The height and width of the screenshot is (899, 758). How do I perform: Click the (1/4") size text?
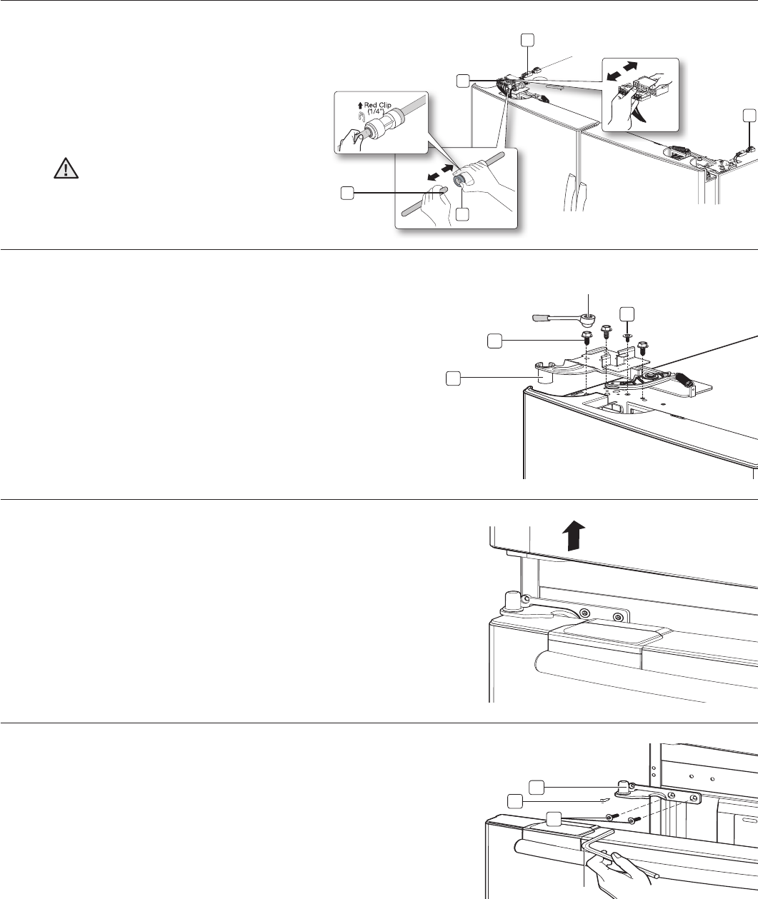[x=376, y=112]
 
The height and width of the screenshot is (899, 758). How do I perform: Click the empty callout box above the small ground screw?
[x=627, y=313]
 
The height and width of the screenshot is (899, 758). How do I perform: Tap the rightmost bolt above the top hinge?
[x=642, y=344]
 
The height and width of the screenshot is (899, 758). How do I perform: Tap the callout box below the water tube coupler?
[x=462, y=214]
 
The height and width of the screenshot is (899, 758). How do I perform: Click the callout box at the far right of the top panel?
[x=749, y=115]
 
